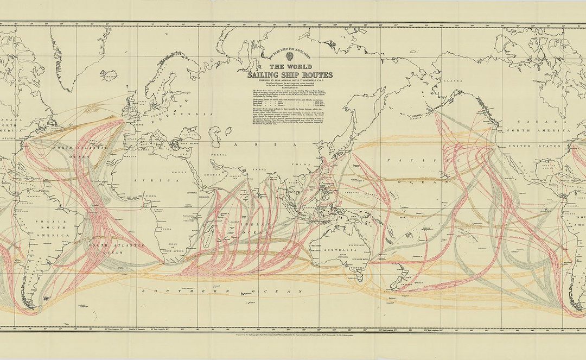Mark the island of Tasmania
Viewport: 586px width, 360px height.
[362, 283]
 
